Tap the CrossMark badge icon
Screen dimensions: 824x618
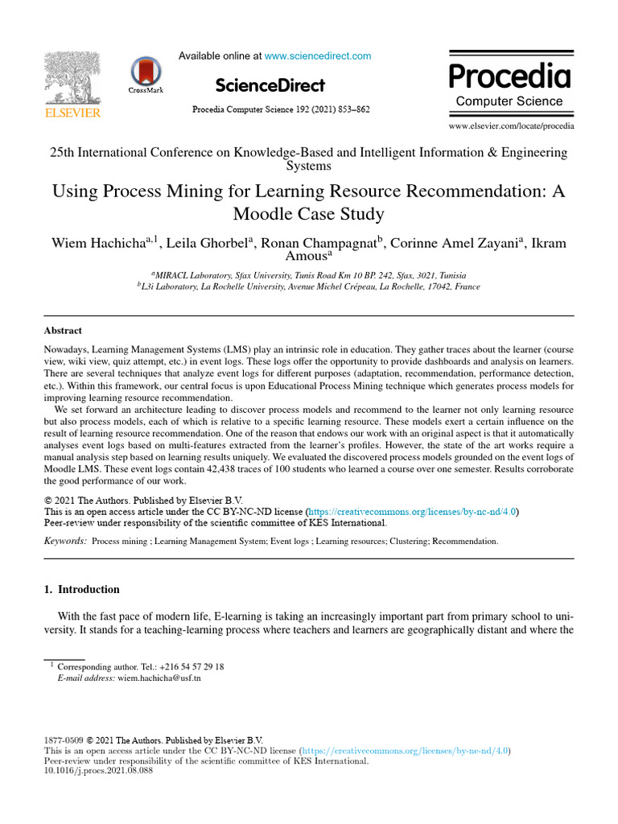pyautogui.click(x=146, y=72)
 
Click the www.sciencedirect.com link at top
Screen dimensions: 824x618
pyautogui.click(x=317, y=56)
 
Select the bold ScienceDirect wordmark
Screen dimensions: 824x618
pyautogui.click(x=270, y=85)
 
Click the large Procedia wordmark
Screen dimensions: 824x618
pyautogui.click(x=509, y=76)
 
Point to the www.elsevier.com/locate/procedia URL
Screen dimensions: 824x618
pyautogui.click(x=511, y=126)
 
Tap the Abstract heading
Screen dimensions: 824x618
pyautogui.click(x=63, y=331)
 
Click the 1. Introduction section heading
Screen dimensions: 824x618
pyautogui.click(x=81, y=589)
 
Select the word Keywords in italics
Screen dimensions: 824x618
pyautogui.click(x=65, y=542)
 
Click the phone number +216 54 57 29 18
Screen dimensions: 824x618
pyautogui.click(x=192, y=667)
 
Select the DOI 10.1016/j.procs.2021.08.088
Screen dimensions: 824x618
pyautogui.click(x=97, y=770)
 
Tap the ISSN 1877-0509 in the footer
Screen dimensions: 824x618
pyautogui.click(x=63, y=740)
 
